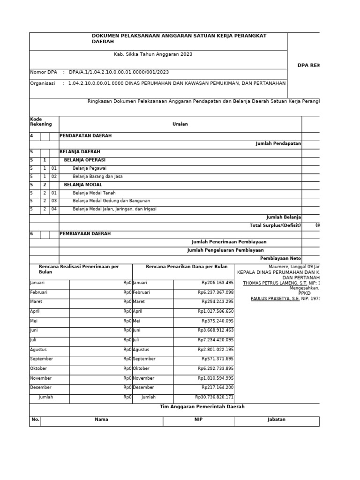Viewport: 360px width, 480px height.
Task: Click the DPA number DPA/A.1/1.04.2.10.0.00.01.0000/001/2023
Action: [x=119, y=72]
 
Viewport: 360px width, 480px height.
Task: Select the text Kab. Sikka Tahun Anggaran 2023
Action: [x=153, y=54]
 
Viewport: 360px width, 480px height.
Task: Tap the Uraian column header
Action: [x=180, y=124]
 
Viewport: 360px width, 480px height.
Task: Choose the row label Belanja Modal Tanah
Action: [x=94, y=193]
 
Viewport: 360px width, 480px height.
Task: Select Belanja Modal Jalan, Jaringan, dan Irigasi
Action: [x=114, y=209]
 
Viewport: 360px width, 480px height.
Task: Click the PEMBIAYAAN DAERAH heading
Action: [x=85, y=233]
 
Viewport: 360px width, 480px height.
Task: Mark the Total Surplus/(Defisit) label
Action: [x=275, y=225]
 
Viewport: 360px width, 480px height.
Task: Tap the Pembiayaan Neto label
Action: [x=280, y=258]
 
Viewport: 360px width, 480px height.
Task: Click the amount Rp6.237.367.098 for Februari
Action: [x=216, y=292]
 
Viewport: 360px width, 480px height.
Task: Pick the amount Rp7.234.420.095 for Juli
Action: [x=216, y=340]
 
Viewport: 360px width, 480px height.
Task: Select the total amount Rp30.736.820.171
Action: [x=214, y=397]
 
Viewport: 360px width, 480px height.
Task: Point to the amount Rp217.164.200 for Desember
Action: [x=217, y=388]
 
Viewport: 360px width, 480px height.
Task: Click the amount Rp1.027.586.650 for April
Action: [x=216, y=311]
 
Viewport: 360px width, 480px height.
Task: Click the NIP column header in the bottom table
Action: [x=198, y=420]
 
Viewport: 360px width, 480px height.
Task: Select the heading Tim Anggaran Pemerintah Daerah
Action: [x=202, y=407]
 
